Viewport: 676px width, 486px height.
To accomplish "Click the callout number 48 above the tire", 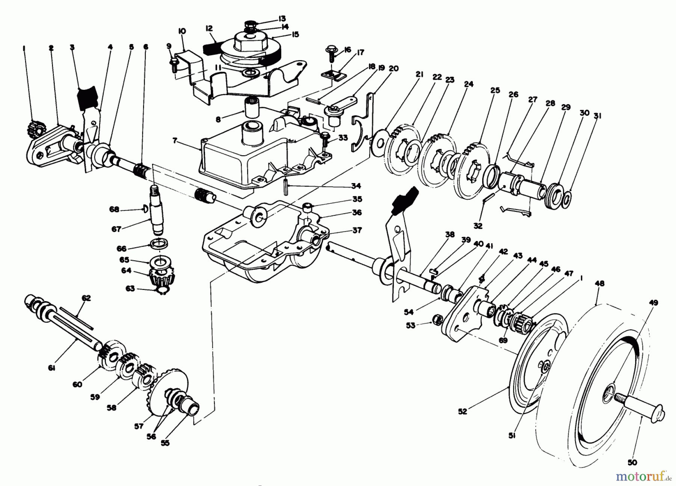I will tap(599, 283).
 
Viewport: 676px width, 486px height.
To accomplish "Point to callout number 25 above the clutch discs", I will tap(495, 90).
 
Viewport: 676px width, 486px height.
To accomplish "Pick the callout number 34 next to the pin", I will tap(356, 186).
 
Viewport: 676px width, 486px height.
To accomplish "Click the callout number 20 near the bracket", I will tap(394, 68).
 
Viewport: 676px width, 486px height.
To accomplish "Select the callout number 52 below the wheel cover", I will tap(462, 411).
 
